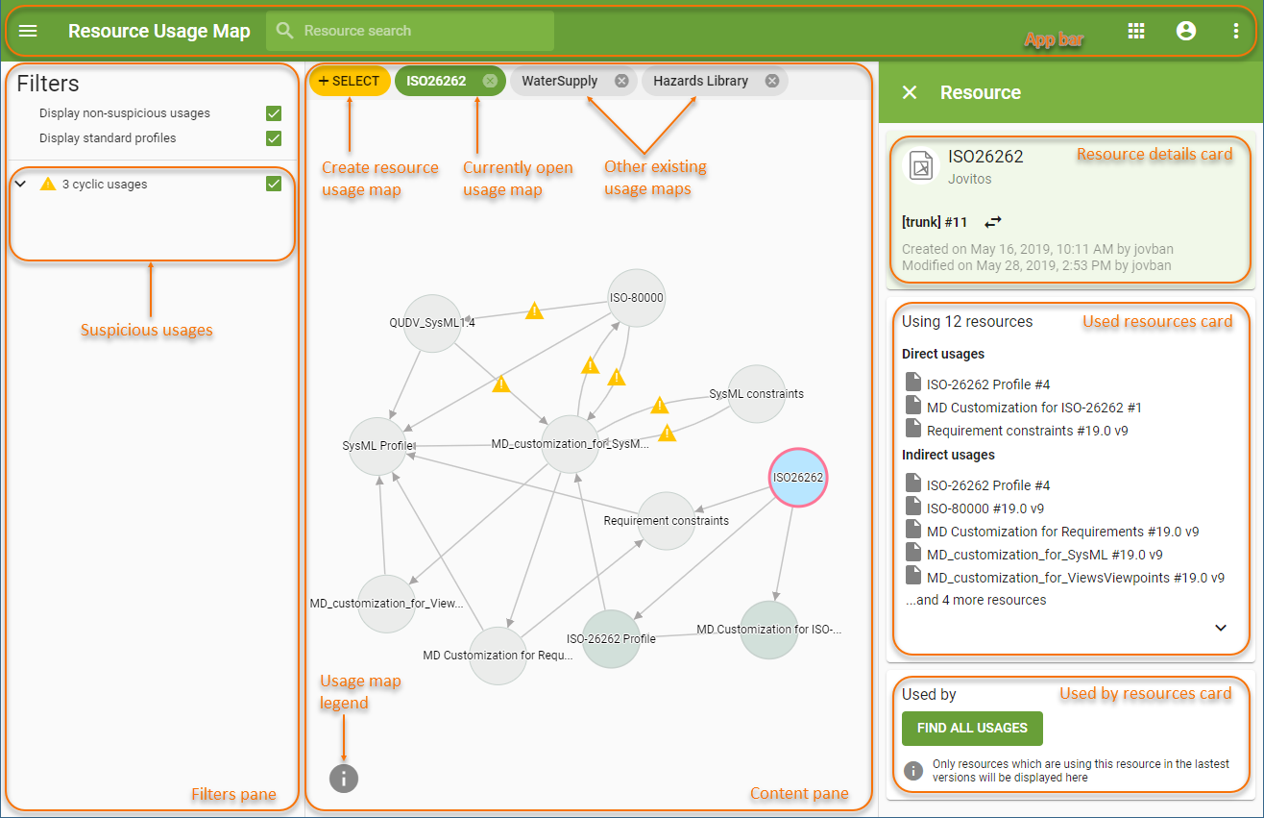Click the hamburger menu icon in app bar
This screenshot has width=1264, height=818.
click(29, 31)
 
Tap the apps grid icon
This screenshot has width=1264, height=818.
click(1136, 31)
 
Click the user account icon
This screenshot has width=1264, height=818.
click(1186, 31)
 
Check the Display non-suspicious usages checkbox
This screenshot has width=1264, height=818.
click(274, 113)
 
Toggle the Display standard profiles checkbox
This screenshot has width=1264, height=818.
click(274, 138)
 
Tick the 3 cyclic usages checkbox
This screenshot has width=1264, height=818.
click(274, 184)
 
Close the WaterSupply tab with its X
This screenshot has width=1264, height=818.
click(621, 81)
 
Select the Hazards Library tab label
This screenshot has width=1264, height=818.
click(700, 81)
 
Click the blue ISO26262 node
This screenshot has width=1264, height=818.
click(797, 477)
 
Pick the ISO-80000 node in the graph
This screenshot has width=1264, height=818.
click(637, 297)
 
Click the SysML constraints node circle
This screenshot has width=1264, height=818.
click(757, 393)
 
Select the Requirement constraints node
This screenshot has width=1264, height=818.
click(666, 520)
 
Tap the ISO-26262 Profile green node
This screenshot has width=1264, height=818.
click(611, 638)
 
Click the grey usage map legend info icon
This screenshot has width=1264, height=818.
click(344, 778)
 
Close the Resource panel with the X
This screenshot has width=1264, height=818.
click(910, 92)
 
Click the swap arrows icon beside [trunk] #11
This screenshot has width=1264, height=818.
click(992, 222)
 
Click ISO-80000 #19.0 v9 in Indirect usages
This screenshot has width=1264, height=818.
click(984, 508)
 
